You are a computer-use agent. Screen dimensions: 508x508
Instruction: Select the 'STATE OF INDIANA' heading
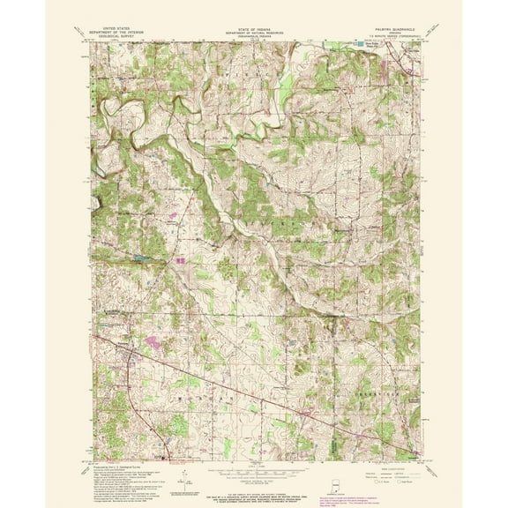tap(254, 27)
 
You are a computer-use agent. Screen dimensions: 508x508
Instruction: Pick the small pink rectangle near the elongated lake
tap(182, 261)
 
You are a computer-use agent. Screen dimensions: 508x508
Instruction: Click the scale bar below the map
tap(254, 468)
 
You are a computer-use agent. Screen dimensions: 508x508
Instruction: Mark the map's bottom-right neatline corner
tap(419, 458)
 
